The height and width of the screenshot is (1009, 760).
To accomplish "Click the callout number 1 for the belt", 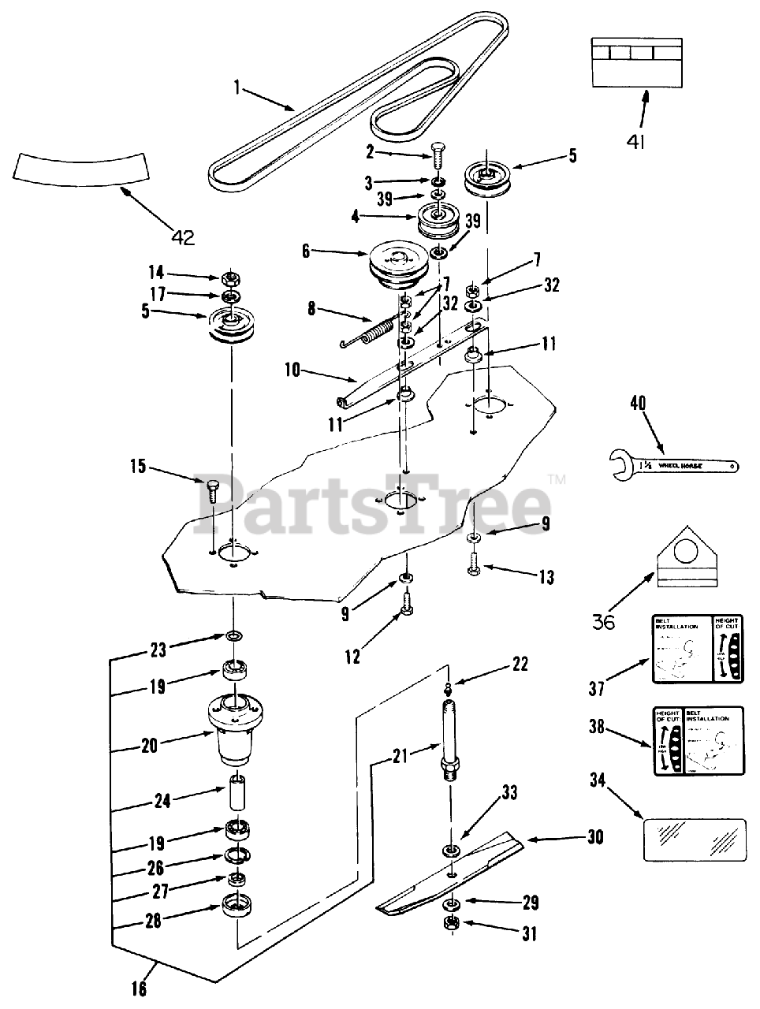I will [236, 85].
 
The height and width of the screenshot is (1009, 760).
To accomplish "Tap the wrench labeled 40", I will [672, 464].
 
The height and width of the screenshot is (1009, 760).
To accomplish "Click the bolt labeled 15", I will [211, 492].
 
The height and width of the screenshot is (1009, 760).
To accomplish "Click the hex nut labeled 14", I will [232, 277].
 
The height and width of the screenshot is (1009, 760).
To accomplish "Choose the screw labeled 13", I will [474, 564].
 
